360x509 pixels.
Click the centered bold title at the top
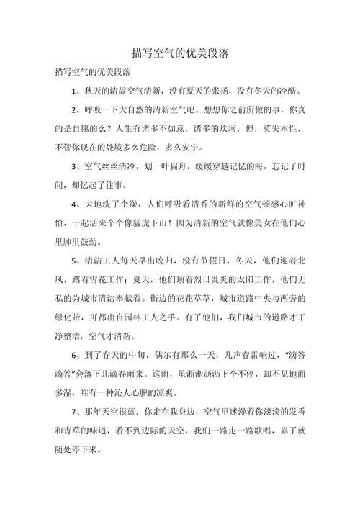(x=180, y=53)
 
